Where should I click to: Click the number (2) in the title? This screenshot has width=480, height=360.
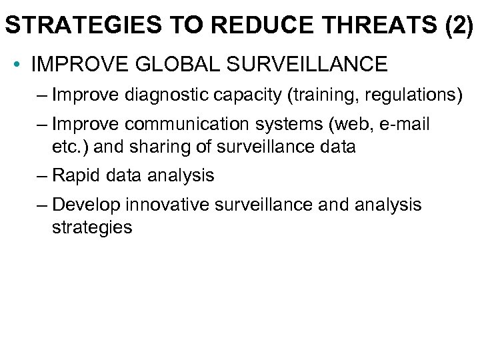[455, 25]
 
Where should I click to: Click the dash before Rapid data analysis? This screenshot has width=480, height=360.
[43, 175]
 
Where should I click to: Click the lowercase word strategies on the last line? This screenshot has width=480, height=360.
[91, 227]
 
